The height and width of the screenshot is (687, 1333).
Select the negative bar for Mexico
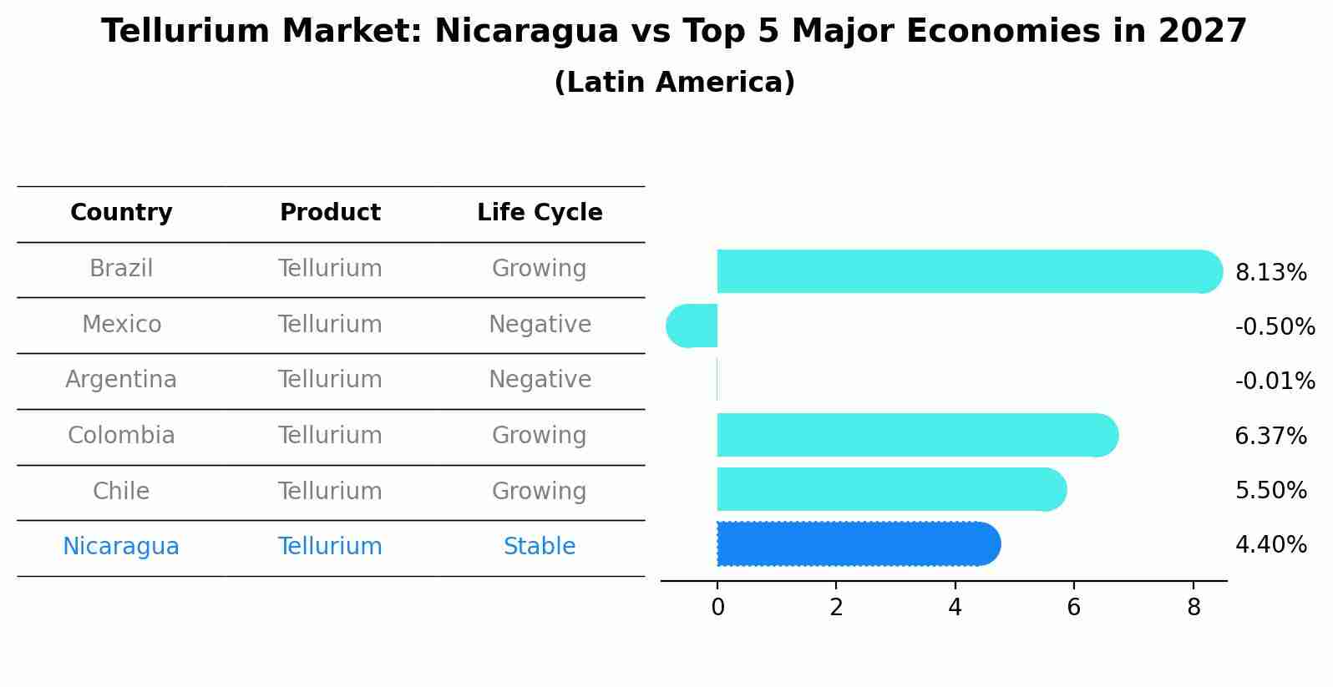(692, 326)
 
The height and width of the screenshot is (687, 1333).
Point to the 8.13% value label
(1270, 273)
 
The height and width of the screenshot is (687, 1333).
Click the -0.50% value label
(1275, 327)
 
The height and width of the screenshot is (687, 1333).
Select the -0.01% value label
(1275, 381)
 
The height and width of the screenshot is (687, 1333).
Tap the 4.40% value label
(1270, 545)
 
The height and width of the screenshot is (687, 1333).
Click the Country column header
(121, 213)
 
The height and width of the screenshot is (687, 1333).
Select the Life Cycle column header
(540, 213)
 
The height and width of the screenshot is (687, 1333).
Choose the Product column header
(330, 213)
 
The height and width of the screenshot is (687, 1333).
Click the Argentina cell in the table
(121, 380)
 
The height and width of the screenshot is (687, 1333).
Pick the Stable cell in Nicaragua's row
(540, 547)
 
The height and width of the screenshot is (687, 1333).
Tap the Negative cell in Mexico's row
(540, 325)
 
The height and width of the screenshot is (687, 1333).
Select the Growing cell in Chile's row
(540, 491)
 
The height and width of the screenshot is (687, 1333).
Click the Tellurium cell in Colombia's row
(330, 436)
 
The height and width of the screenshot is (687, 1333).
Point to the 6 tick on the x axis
(1074, 608)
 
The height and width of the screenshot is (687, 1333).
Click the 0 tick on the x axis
(717, 608)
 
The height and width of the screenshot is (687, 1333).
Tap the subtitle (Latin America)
(674, 83)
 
